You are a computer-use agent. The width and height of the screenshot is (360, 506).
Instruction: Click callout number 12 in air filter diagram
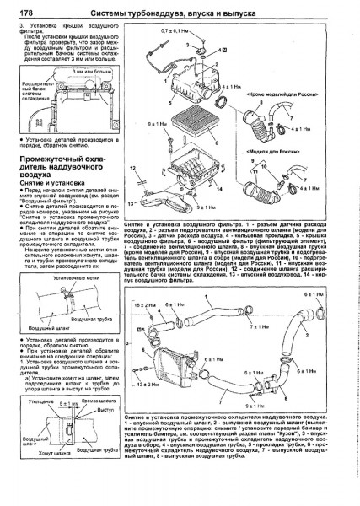point(135,169)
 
